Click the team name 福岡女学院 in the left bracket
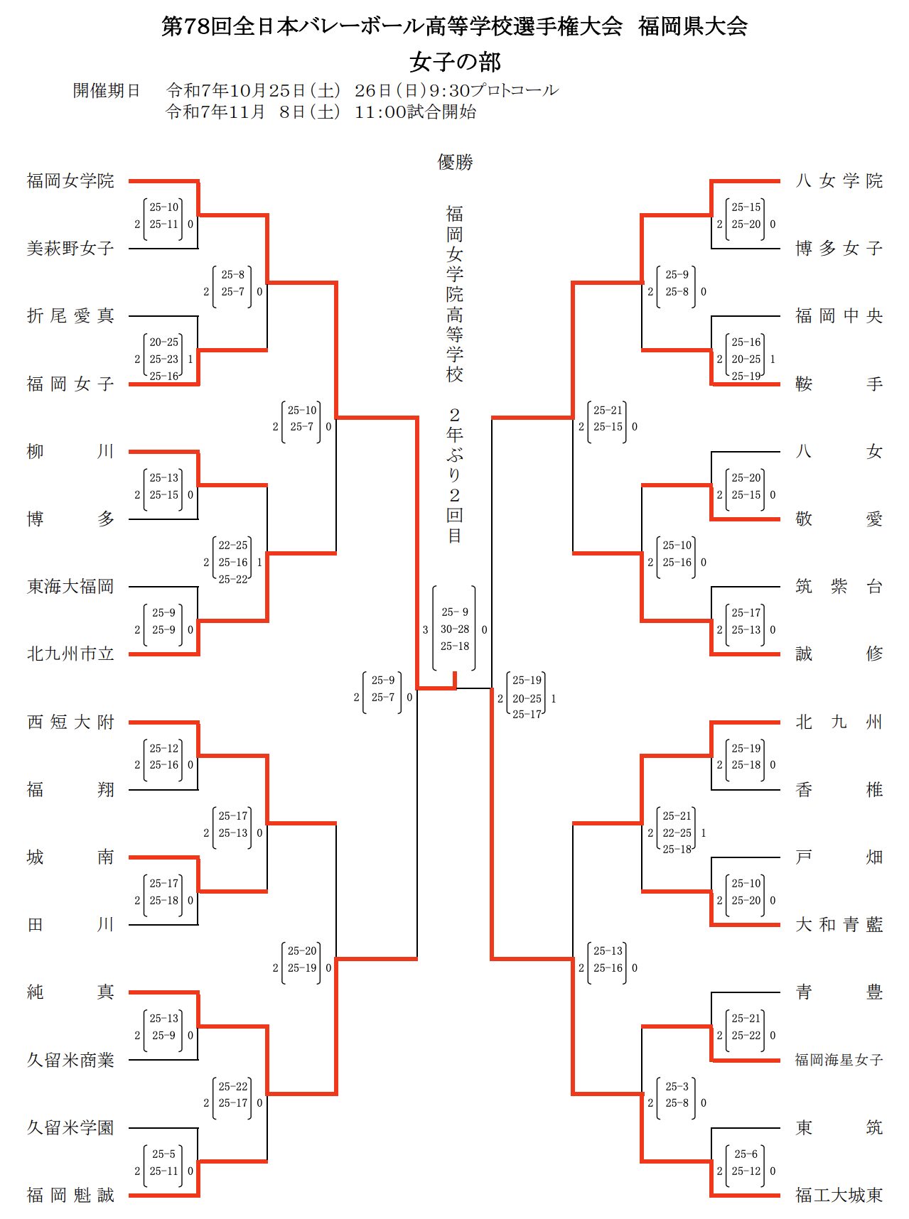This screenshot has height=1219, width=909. pos(70,181)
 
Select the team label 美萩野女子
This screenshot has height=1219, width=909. pos(70,249)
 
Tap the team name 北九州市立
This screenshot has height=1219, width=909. pos(70,654)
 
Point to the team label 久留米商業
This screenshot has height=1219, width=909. pos(70,1061)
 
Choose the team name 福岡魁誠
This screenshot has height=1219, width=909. pos(70,1196)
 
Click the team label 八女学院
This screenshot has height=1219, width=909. pos(839,181)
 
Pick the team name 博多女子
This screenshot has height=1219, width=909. pos(839,249)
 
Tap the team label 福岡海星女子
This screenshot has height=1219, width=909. pos(839,1061)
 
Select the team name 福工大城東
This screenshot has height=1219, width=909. pos(839,1196)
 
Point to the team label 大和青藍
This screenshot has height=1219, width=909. pos(839,925)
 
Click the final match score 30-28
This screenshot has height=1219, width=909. pos(455,629)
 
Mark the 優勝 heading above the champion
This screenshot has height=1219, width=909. pos(455,163)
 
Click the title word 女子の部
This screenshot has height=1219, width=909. pos(455,63)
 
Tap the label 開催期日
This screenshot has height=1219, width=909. pos(107,91)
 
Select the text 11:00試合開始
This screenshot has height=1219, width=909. pos(415,112)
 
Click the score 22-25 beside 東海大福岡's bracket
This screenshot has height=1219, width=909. pos(233,546)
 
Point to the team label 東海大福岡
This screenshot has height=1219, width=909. pos(70,587)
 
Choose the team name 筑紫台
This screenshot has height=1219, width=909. pos(839,587)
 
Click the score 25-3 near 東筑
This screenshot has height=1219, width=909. pos(677,1087)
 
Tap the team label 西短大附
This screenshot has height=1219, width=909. pos(70,722)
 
